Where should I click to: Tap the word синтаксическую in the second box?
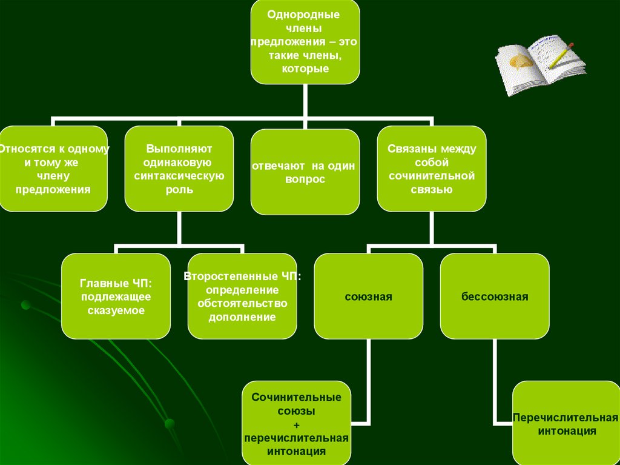pyautogui.click(x=179, y=176)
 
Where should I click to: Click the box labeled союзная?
pyautogui.click(x=368, y=297)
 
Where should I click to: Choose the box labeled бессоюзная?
pyautogui.click(x=494, y=297)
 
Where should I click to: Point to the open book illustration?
pyautogui.click(x=539, y=66)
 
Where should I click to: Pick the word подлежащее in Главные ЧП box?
pyautogui.click(x=115, y=297)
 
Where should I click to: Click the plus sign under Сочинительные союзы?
pyautogui.click(x=296, y=424)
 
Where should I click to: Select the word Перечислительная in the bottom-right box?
pyautogui.click(x=566, y=418)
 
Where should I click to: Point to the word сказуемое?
pyautogui.click(x=115, y=310)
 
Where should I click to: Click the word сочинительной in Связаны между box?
pyautogui.click(x=431, y=176)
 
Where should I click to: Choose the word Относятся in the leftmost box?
pyautogui.click(x=22, y=149)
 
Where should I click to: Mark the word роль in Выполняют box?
pyautogui.click(x=179, y=189)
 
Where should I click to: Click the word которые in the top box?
pyautogui.click(x=305, y=69)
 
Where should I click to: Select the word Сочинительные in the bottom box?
pyautogui.click(x=296, y=398)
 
